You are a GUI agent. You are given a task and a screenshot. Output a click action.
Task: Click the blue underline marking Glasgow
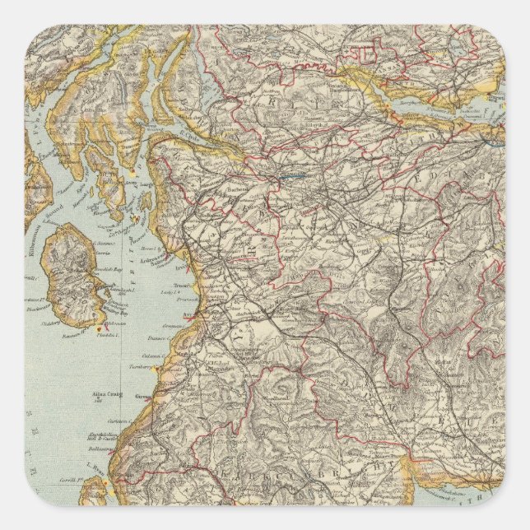292,175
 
